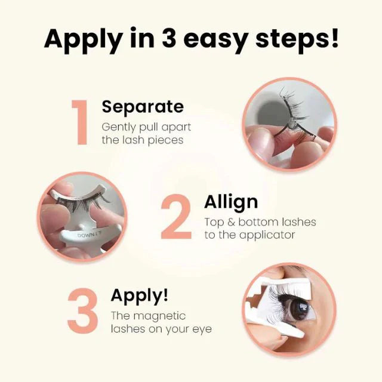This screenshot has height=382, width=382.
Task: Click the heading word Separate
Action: coord(142,107)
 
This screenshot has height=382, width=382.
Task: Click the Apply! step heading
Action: coord(139,295)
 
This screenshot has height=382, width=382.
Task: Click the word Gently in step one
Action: coord(118,127)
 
